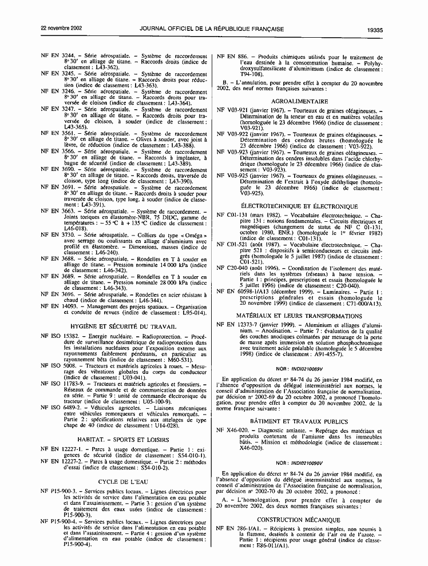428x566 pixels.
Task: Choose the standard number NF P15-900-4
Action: pos(60,522)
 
